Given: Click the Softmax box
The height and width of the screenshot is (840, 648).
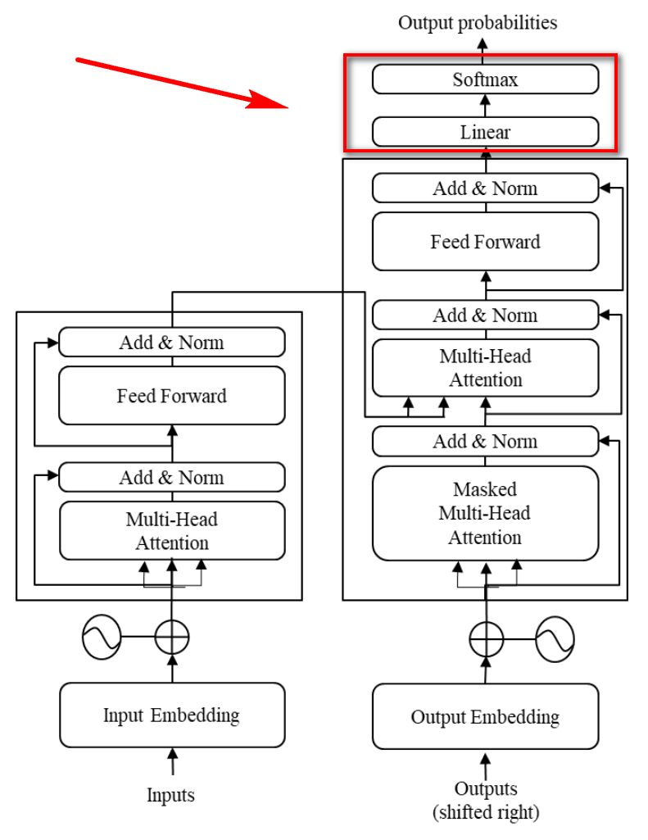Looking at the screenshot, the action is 485,79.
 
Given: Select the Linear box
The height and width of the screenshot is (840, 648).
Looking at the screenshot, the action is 485,132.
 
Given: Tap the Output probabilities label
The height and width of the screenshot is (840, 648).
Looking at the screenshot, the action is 478,23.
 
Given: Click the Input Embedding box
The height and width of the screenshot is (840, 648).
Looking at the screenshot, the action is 172,715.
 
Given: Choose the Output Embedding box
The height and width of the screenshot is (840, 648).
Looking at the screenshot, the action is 485,717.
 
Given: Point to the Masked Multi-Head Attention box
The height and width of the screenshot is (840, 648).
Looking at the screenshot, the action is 485,513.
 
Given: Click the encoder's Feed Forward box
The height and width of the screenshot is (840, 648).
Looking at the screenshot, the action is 172,396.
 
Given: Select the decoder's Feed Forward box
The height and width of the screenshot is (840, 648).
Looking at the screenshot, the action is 485,242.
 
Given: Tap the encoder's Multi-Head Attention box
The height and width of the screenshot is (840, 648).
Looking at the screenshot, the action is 172,531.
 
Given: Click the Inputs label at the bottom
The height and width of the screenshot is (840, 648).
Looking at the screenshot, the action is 171,795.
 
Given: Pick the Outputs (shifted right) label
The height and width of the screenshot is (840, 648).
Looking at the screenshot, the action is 486,801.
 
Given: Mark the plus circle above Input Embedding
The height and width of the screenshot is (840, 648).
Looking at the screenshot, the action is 172,638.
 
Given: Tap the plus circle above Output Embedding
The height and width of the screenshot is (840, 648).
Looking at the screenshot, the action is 487,639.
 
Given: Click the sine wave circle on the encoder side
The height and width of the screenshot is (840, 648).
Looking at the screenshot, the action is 102,637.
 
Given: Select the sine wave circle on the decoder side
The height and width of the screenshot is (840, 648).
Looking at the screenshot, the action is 555,638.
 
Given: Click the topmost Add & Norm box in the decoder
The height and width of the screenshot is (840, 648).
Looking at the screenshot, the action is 485,188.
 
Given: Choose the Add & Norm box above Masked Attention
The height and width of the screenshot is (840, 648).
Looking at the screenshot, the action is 485,442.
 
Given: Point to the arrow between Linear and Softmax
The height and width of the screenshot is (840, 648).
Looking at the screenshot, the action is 485,106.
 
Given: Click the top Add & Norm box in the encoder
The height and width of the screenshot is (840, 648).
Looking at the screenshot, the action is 172,342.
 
